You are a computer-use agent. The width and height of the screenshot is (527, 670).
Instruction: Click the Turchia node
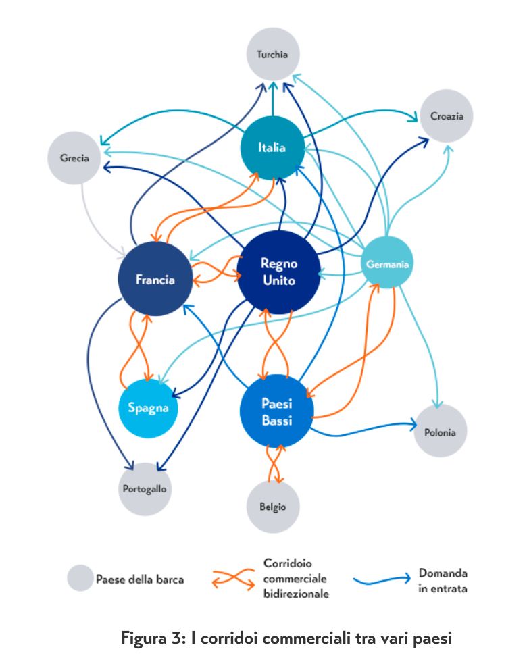tap(272, 53)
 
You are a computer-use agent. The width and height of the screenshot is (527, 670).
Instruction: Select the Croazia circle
tap(447, 115)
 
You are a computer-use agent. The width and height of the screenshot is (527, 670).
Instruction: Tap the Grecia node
tap(74, 158)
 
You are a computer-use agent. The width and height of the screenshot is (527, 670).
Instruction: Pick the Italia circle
tap(272, 147)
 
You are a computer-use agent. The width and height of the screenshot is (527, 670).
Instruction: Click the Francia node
tap(155, 279)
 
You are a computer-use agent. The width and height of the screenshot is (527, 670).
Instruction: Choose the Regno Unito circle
tap(278, 272)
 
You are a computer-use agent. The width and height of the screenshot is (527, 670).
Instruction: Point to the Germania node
tap(387, 264)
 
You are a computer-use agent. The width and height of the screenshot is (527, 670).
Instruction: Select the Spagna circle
tap(148, 408)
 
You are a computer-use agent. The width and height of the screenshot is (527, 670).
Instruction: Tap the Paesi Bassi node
tap(277, 411)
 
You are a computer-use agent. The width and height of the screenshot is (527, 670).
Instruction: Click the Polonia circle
tap(441, 432)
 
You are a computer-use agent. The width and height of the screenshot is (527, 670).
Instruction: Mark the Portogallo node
tap(145, 488)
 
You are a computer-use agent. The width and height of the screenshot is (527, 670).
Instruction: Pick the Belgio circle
tap(272, 507)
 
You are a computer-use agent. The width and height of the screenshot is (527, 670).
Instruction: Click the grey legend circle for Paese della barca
tap(80, 578)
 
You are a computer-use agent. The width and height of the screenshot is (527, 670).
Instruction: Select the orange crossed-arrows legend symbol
tap(233, 578)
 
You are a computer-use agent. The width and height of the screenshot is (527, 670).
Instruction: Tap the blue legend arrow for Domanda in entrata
tap(381, 578)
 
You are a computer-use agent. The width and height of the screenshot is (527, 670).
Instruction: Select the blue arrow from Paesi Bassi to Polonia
tap(365, 428)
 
